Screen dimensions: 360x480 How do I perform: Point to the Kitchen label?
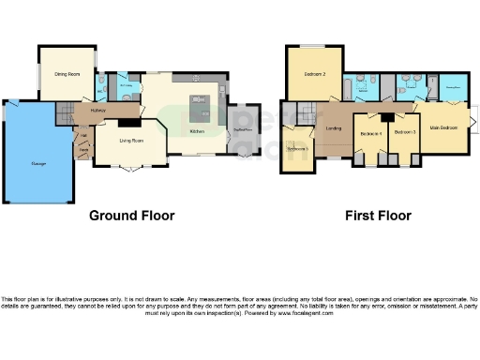coord(197,131)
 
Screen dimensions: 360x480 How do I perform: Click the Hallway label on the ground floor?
coord(97,110)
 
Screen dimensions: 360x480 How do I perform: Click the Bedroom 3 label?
coord(404,133)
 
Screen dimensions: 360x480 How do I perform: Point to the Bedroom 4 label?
coord(370,133)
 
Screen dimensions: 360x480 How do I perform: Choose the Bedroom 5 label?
coord(298,149)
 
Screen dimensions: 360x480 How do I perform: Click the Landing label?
coord(332,129)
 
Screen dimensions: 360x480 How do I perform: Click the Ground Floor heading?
coord(131,216)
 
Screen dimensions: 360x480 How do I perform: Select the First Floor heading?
coord(379,216)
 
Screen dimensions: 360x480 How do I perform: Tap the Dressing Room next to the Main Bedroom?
coord(454,88)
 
